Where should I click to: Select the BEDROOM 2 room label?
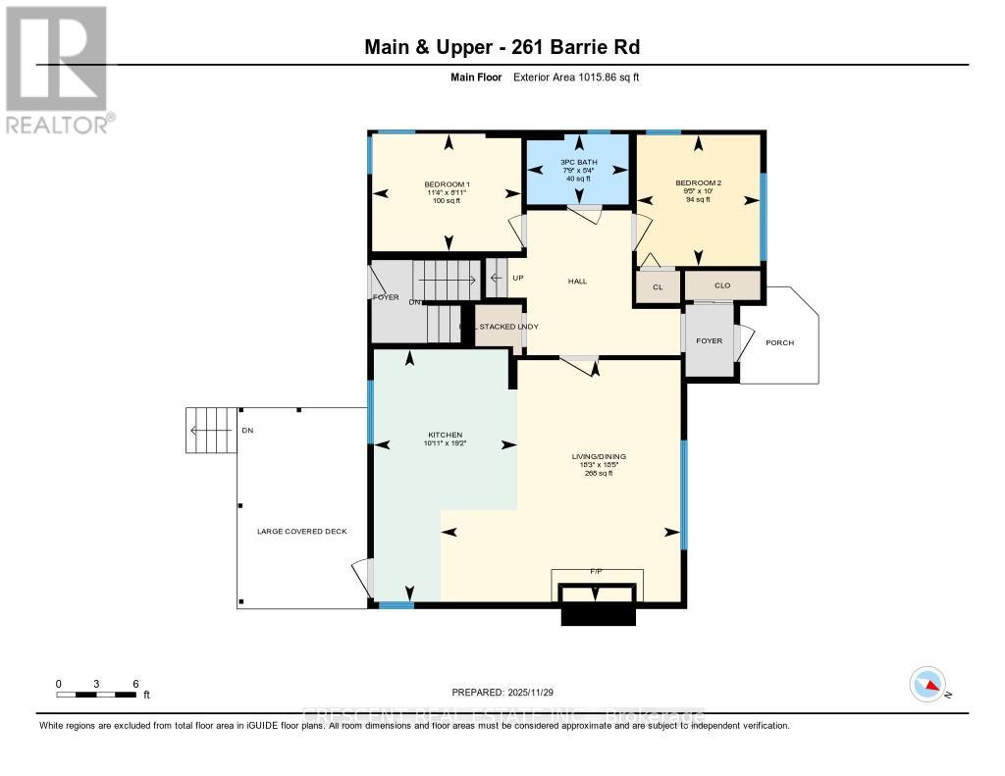pos(698,183)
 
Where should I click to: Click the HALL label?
pos(577,282)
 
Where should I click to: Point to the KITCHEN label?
pos(444,435)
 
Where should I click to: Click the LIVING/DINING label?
pos(599,457)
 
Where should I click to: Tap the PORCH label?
pos(780,342)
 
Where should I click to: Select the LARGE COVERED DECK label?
pos(301,532)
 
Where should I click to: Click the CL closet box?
pos(658,287)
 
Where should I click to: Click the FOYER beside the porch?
pos(709,341)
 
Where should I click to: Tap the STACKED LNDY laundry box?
pos(499,327)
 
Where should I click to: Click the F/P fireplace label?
pos(595,570)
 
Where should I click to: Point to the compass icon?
pos(927,685)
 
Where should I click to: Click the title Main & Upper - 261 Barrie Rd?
pos(502,47)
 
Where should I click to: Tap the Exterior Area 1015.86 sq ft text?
pos(576,77)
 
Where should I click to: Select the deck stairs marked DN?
pos(211,430)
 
